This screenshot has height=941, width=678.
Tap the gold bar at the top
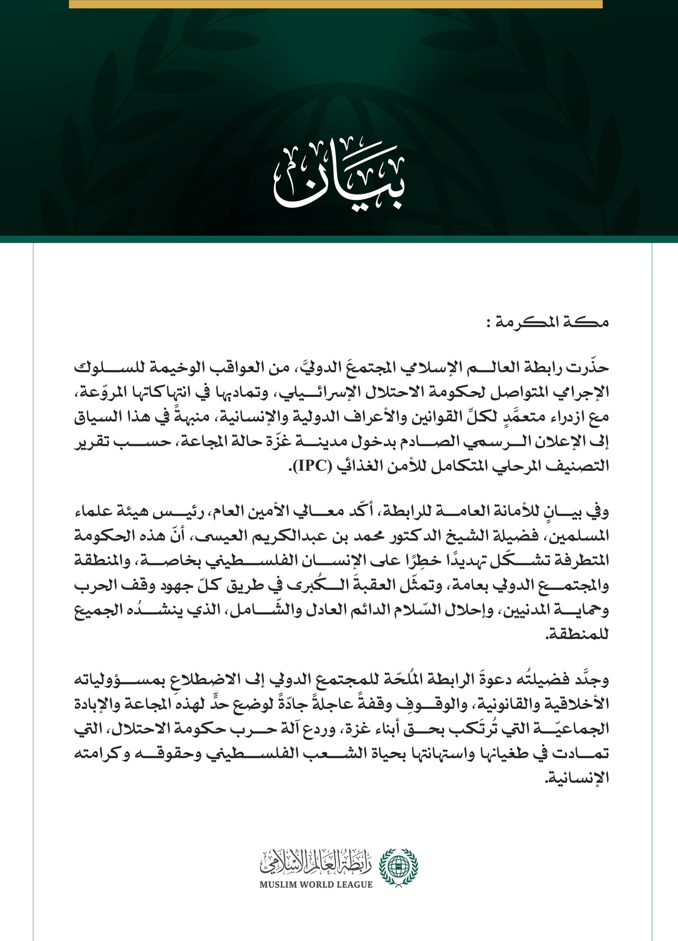336,4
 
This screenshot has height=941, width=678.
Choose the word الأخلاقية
577,703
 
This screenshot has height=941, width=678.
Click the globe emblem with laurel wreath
398,867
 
